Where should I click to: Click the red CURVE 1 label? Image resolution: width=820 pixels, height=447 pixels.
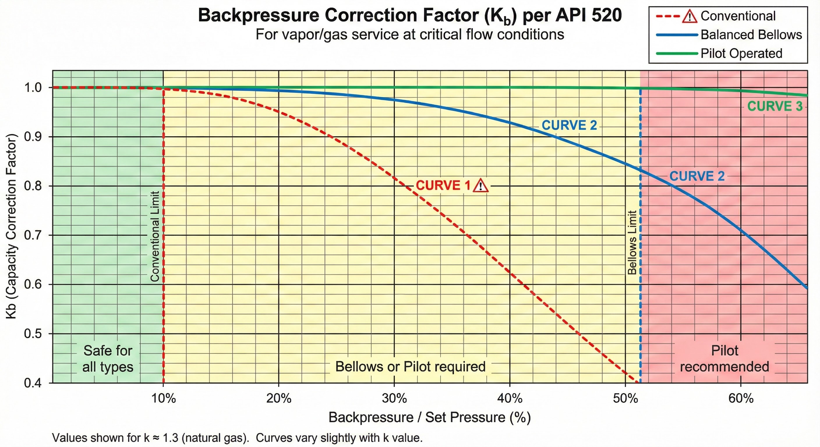443,185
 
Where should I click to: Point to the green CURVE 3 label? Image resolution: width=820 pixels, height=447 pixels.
775,106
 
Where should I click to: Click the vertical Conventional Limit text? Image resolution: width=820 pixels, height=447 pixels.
155,236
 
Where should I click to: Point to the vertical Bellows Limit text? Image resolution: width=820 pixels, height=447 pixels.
632,242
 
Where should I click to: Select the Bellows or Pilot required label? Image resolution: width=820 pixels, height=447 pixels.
410,366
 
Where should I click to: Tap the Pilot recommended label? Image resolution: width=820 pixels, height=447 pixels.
724,359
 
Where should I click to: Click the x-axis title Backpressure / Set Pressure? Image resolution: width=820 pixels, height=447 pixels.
430,417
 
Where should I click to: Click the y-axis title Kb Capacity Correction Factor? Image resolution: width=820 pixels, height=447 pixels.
11,226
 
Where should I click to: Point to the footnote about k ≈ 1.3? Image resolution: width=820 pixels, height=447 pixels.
237,438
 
